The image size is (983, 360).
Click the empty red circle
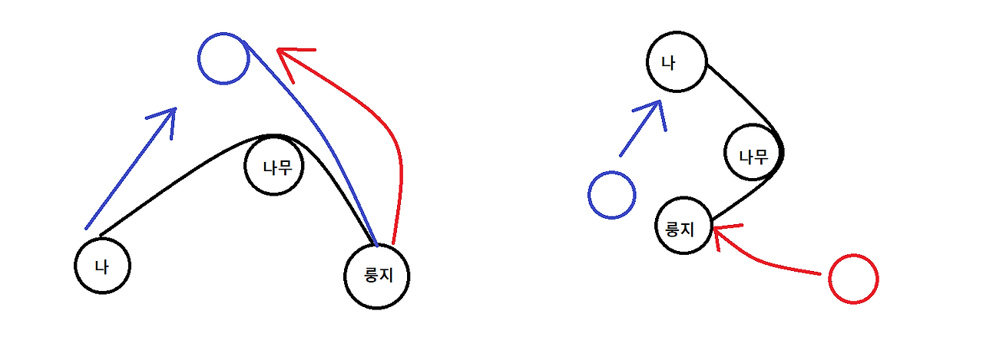coord(853,279)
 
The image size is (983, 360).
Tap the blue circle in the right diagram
coord(611,194)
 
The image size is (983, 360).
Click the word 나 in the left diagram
coord(101,266)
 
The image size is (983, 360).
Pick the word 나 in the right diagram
coord(669,63)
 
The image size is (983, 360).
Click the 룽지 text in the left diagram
coord(376,276)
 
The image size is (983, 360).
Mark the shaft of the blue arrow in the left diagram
coord(127,173)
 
